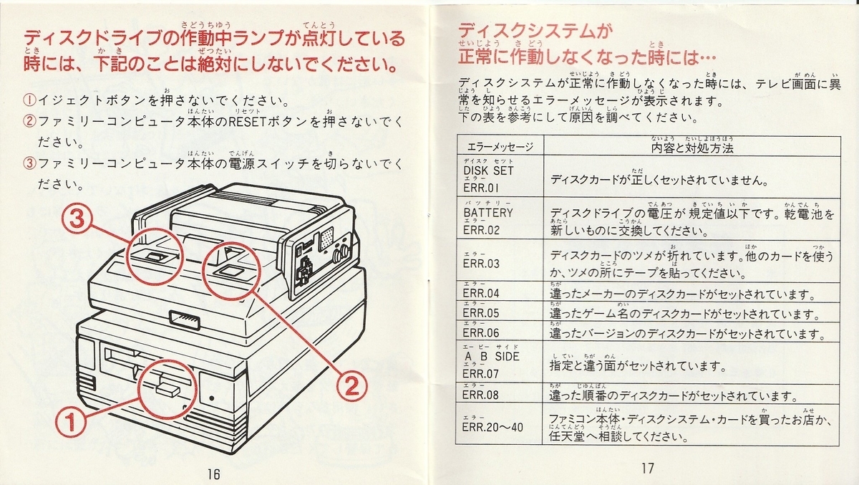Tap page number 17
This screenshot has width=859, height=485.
(647, 468)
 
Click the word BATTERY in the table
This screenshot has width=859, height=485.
(488, 213)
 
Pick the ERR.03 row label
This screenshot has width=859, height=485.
(481, 264)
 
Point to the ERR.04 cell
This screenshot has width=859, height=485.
(481, 293)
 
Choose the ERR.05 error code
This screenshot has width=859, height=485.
(481, 313)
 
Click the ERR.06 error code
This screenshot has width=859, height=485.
(481, 332)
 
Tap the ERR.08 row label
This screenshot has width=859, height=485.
(481, 395)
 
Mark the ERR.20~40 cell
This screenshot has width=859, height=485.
(493, 428)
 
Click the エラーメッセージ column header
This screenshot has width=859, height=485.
(500, 147)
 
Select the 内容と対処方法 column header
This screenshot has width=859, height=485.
(692, 147)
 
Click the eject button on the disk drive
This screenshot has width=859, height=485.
(166, 390)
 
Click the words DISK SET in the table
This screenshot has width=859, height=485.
(488, 171)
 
